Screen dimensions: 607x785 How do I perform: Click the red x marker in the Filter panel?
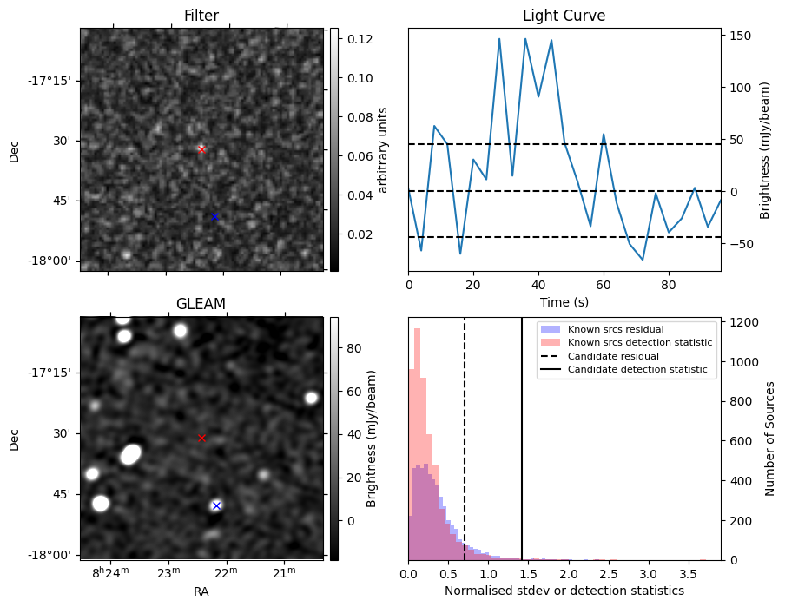click(x=201, y=149)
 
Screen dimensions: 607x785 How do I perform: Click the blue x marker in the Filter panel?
click(x=214, y=216)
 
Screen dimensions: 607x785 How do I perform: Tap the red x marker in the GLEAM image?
click(x=201, y=439)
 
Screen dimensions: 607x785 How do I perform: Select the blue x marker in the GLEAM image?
click(x=216, y=505)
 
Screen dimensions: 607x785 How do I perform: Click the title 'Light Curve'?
click(x=564, y=16)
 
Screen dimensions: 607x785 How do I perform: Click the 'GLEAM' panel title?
click(x=201, y=303)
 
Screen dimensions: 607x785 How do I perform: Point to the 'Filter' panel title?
click(x=201, y=16)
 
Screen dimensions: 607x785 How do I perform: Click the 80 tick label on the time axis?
click(x=669, y=284)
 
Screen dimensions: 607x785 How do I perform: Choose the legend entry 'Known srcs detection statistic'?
click(x=639, y=343)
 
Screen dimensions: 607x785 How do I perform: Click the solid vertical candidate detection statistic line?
click(x=522, y=452)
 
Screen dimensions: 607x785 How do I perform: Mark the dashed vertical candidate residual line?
click(x=465, y=434)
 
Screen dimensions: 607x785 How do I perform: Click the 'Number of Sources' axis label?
click(x=770, y=439)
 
